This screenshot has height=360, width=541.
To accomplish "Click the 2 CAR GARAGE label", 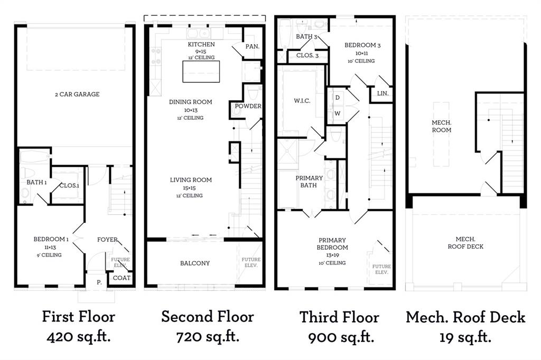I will tap(77, 94).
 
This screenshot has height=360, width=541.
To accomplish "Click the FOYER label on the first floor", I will tap(107, 239).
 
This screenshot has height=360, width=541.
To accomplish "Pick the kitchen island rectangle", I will tap(201, 72).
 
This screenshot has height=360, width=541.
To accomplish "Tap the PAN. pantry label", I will tap(253, 46).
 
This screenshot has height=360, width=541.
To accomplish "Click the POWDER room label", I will tap(248, 106).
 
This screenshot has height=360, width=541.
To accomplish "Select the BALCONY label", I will tap(195, 263).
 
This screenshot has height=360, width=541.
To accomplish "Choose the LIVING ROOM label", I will tap(191, 180).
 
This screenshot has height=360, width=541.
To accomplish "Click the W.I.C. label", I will tap(302, 101).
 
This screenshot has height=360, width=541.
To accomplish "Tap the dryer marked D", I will tap(337, 98).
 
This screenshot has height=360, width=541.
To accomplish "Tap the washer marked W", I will tap(337, 113).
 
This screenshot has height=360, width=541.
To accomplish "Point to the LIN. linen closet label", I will tap(383, 93).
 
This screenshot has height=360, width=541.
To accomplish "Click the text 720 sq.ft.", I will tap(207, 336).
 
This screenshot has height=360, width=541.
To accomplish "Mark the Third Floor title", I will tap(339, 317).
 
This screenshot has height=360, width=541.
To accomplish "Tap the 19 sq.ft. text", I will tap(465, 336).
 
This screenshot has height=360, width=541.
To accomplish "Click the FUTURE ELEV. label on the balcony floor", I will tap(250, 262).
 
